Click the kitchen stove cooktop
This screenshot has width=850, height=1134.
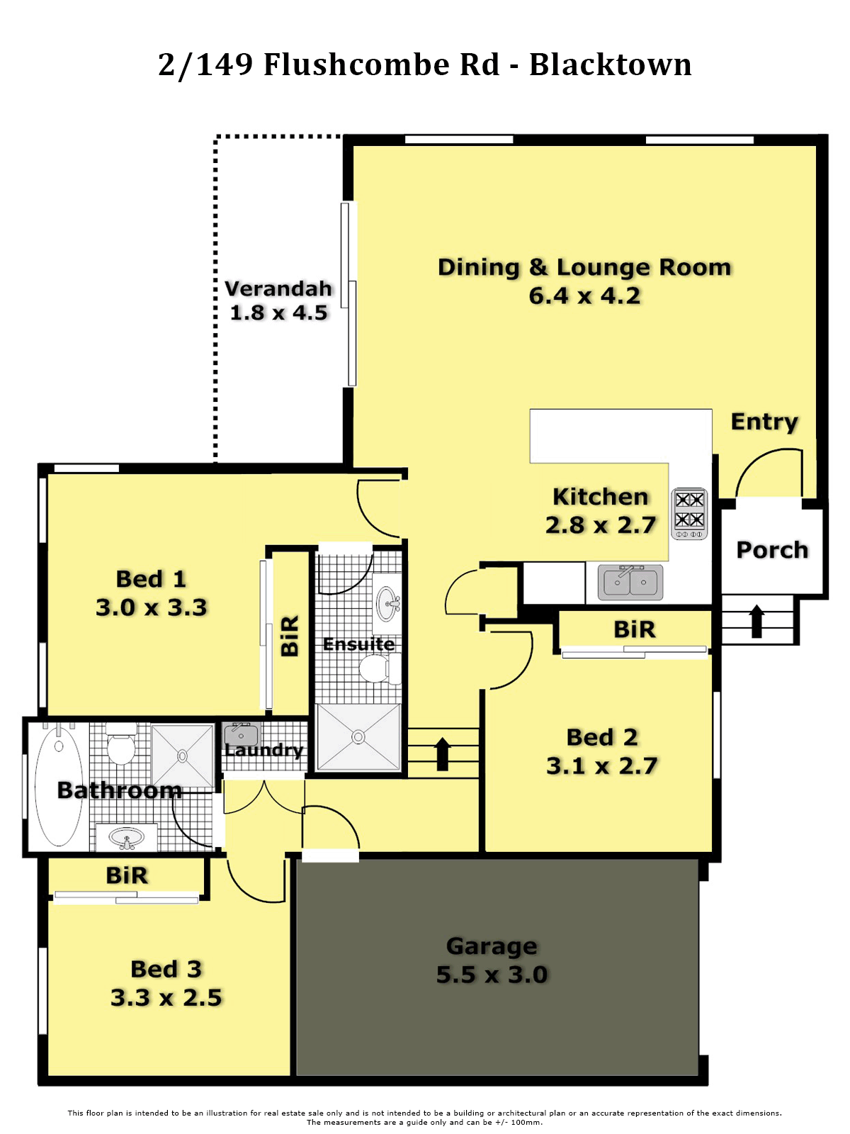688,513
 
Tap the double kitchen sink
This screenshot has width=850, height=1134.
630,583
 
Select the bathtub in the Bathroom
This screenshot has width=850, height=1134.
59,786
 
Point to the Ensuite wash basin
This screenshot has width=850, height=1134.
387,603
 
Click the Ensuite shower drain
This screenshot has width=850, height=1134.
358,736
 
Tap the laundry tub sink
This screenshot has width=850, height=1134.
241,735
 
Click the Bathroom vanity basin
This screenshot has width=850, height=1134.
127,836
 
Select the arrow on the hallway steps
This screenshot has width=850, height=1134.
442,754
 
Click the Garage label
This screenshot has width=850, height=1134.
492,946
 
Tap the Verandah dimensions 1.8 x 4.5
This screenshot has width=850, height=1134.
278,313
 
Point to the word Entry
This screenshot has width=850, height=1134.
764,422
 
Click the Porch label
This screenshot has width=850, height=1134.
772,550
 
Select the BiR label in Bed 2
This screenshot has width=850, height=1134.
634,629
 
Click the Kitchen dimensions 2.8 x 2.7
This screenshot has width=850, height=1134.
601,525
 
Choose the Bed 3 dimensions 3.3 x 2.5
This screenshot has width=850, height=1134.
166,997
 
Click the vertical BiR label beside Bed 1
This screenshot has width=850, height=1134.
290,636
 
